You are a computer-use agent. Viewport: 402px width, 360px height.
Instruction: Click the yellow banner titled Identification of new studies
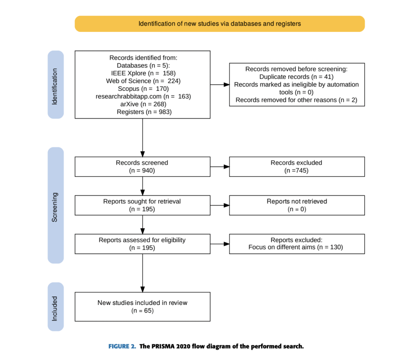click(219, 24)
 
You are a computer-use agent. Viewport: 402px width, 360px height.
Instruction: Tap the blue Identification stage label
click(55, 84)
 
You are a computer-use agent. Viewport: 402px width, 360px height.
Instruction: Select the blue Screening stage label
click(55, 205)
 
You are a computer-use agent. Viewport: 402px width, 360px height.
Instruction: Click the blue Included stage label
click(55, 307)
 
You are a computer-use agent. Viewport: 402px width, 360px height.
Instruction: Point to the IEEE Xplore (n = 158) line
click(143, 73)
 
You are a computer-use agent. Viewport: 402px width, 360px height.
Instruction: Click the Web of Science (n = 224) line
click(143, 81)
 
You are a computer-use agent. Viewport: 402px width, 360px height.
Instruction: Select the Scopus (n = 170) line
click(143, 88)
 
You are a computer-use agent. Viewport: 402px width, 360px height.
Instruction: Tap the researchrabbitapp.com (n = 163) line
click(143, 96)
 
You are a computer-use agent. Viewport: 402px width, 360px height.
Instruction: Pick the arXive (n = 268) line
click(143, 104)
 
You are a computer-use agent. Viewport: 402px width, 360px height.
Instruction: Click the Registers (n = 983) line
click(143, 112)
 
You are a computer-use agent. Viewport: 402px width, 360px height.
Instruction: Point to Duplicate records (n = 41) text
click(296, 77)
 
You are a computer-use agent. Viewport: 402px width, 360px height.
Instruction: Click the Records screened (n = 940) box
click(142, 167)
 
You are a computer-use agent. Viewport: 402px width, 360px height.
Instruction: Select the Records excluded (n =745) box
click(296, 167)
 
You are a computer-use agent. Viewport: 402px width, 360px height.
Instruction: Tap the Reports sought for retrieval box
click(142, 205)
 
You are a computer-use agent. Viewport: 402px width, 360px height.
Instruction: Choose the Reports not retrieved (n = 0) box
click(296, 205)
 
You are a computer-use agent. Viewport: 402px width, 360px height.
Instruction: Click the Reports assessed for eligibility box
click(142, 244)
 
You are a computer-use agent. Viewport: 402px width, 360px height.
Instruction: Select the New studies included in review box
click(142, 307)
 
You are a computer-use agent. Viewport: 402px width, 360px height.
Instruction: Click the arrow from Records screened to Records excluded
click(220, 167)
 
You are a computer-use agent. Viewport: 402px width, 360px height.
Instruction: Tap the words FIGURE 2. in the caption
click(122, 346)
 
